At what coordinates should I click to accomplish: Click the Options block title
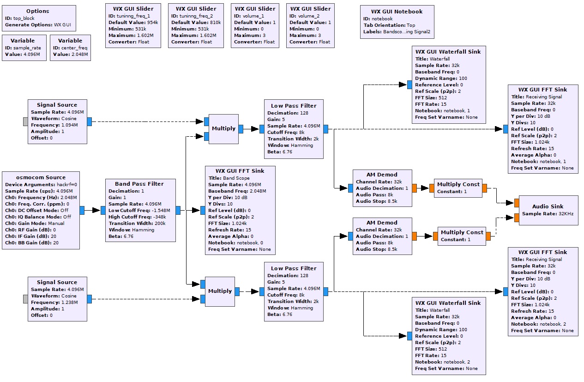[x=37, y=11]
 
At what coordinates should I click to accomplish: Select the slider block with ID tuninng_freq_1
[x=133, y=25]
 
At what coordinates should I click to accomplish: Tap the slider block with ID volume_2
[x=310, y=25]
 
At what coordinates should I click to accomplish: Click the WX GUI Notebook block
[x=397, y=22]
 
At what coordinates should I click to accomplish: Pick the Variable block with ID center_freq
[x=70, y=48]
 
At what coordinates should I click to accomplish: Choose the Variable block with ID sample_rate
[x=24, y=48]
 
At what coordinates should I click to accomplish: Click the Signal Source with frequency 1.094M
[x=57, y=121]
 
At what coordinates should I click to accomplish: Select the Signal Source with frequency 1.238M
[x=57, y=299]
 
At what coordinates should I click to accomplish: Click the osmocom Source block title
[x=41, y=177]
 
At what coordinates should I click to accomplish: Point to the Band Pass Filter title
[x=139, y=184]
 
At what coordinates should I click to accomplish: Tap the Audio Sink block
[x=548, y=210]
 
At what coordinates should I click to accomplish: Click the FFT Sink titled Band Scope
[x=240, y=210]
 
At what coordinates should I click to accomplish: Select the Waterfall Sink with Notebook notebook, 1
[x=449, y=85]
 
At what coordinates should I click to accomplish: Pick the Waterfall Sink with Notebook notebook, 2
[x=449, y=336]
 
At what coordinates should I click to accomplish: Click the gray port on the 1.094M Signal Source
[x=25, y=121]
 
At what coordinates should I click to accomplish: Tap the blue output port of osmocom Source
[x=82, y=210]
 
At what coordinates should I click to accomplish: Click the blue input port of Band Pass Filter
[x=103, y=210]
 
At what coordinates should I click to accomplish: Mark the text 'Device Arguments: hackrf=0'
[x=41, y=185]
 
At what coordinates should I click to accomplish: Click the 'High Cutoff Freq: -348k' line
[x=137, y=217]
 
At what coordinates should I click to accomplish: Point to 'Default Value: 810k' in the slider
[x=196, y=23]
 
